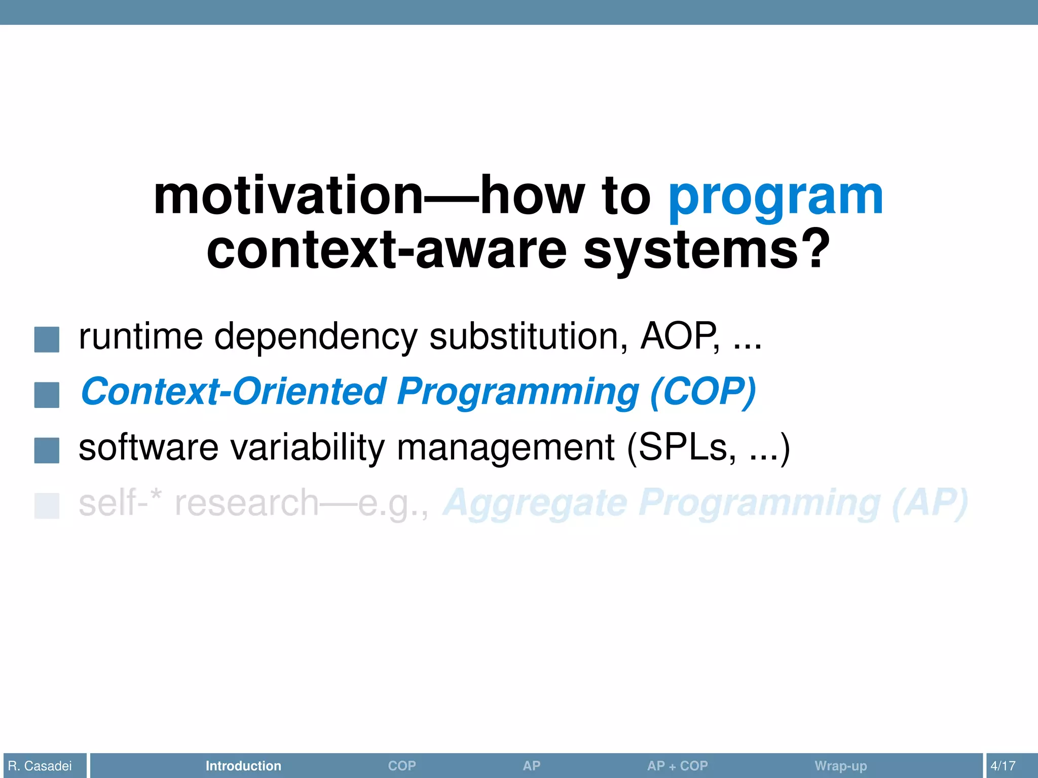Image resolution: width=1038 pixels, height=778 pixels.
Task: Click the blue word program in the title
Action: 775,198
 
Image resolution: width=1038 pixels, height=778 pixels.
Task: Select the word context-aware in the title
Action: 386,250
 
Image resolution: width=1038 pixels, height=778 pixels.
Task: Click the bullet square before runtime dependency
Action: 47,339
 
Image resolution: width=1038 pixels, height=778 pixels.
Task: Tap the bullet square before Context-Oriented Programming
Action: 47,395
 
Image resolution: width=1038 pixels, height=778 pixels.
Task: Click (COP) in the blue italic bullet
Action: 702,392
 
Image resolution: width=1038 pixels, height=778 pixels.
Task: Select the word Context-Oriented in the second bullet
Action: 234,392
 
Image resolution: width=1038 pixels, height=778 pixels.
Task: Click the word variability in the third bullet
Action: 307,448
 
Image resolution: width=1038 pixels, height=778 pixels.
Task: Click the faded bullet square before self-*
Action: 47,506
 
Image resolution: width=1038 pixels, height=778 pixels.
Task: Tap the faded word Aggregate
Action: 535,503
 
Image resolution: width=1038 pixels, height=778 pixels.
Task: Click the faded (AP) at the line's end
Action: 930,503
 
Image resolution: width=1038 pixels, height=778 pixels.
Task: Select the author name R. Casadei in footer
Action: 40,766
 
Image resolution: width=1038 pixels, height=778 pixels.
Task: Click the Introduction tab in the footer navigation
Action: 243,766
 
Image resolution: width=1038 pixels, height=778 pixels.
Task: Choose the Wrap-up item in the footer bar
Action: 840,766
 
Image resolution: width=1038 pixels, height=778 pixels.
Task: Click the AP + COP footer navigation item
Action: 677,766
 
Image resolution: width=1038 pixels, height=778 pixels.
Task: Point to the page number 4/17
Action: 1003,766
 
